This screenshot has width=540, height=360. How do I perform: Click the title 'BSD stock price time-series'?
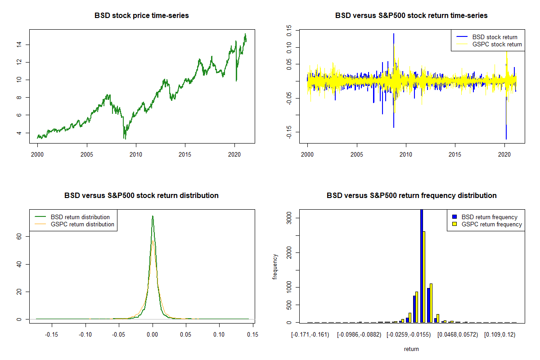pyautogui.click(x=141, y=16)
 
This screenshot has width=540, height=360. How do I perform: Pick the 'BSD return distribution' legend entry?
pyautogui.click(x=80, y=217)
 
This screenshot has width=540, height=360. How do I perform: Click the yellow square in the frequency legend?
pyautogui.click(x=454, y=224)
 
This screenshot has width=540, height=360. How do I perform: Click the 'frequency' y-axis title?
pyautogui.click(x=275, y=266)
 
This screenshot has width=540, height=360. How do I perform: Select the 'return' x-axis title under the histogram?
pyautogui.click(x=411, y=349)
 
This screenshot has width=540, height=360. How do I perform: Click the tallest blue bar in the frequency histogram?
pyautogui.click(x=422, y=265)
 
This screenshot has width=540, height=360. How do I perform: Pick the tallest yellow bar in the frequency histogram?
pyautogui.click(x=424, y=277)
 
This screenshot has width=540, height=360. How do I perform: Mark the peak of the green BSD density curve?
pyautogui.click(x=153, y=216)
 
